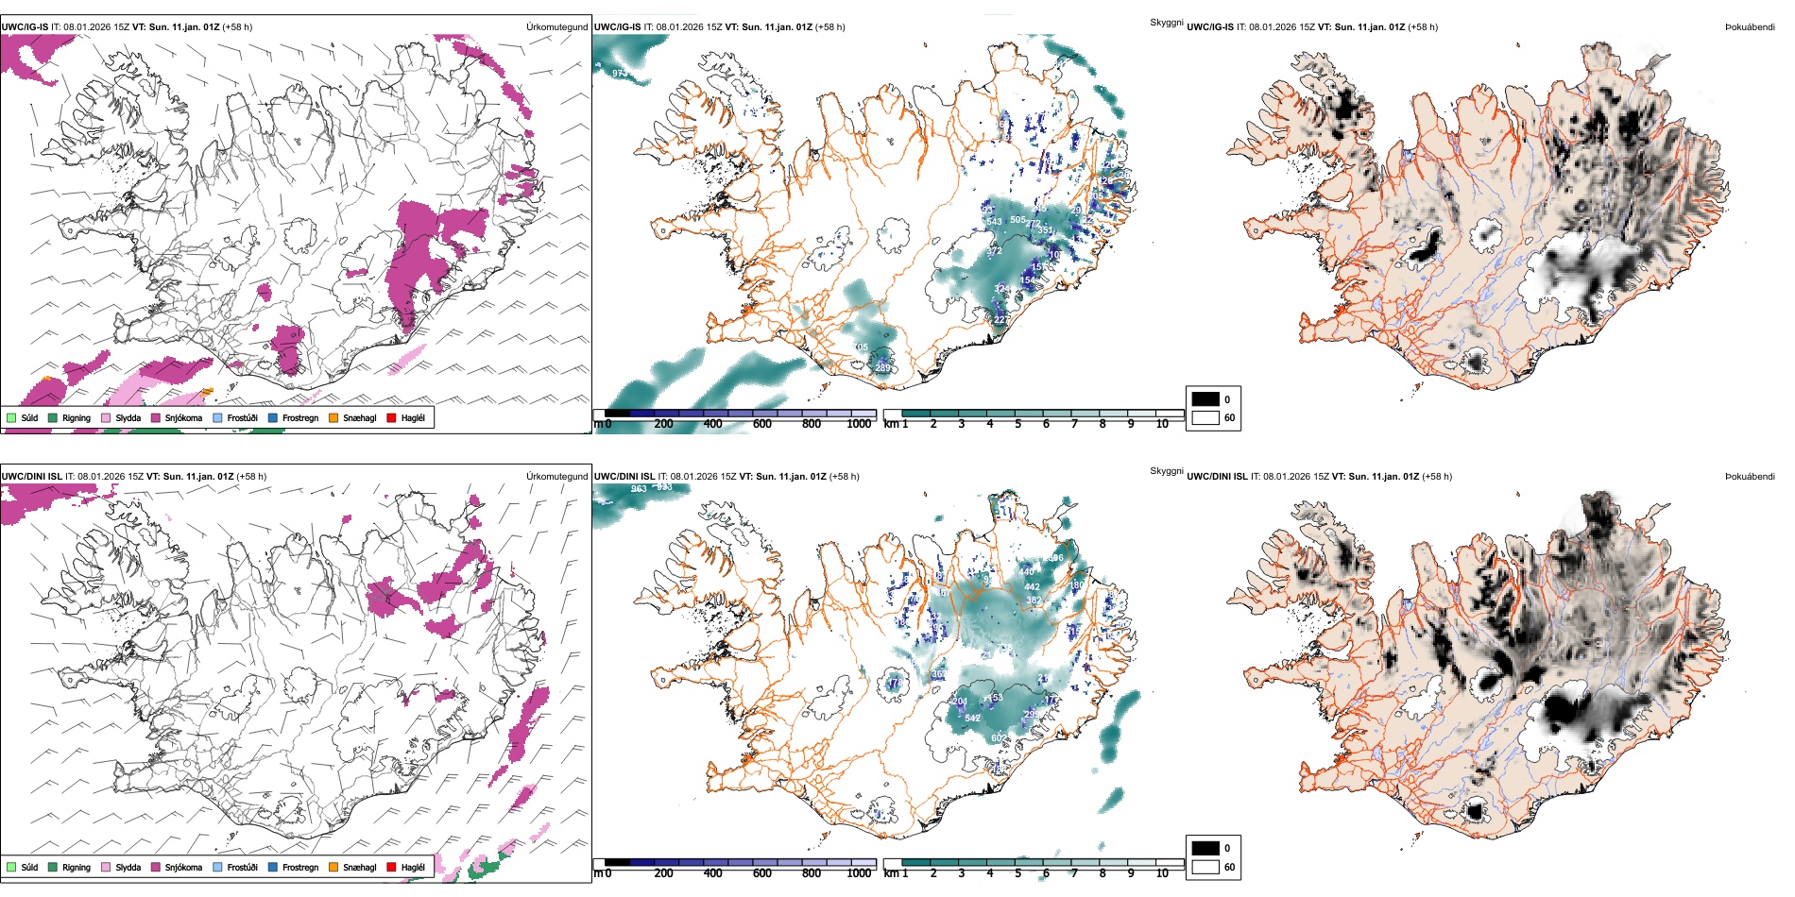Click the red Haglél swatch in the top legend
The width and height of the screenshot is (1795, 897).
click(391, 417)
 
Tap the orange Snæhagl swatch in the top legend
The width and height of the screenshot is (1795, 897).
click(333, 417)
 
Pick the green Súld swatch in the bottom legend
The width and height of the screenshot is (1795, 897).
click(11, 867)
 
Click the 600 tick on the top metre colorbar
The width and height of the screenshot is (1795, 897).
click(762, 424)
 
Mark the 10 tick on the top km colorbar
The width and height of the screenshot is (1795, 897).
click(1162, 424)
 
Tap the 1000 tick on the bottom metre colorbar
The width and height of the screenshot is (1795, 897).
click(859, 873)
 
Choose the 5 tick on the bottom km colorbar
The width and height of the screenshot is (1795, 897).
click(1018, 873)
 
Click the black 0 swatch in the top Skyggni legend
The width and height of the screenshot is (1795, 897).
click(1205, 399)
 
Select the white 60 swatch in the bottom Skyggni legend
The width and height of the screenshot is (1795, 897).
click(1205, 867)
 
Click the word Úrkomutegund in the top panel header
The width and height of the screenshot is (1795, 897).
click(556, 27)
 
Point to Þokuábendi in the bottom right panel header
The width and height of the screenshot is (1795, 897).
click(1750, 477)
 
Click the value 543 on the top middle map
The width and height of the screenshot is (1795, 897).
click(994, 222)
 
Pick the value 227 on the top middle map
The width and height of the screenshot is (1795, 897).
click(1001, 320)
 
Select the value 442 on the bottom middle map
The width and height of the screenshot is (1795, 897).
click(1032, 587)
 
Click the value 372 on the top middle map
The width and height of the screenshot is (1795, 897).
click(994, 252)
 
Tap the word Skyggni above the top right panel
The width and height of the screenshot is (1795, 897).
click(1166, 22)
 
